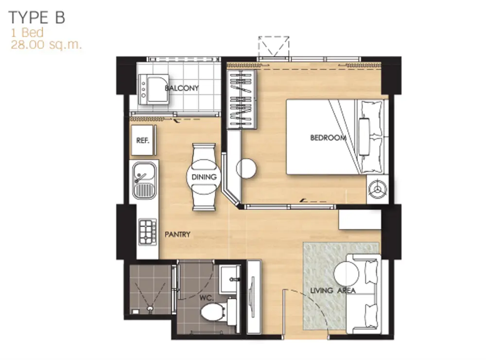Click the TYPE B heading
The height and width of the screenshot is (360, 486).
tap(37, 17)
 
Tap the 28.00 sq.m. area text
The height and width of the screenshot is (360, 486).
tap(46, 45)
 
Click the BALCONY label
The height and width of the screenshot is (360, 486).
tap(182, 88)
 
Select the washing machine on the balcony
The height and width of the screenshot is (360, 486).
tap(154, 89)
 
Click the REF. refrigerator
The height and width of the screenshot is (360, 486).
tap(142, 140)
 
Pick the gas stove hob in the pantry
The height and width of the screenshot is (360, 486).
tap(148, 232)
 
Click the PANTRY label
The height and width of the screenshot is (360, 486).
tap(177, 235)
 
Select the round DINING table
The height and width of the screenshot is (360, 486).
tap(204, 177)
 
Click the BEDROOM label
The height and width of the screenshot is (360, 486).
tap(328, 137)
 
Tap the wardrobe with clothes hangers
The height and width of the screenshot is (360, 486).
tap(242, 99)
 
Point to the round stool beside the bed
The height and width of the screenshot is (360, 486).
tap(246, 168)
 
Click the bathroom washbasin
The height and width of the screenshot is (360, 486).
tap(229, 279)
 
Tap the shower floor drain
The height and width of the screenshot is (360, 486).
tap(150, 309)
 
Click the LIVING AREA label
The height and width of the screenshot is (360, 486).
tap(333, 291)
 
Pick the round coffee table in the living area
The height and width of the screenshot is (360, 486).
tap(346, 274)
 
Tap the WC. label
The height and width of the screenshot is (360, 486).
tap(207, 298)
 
